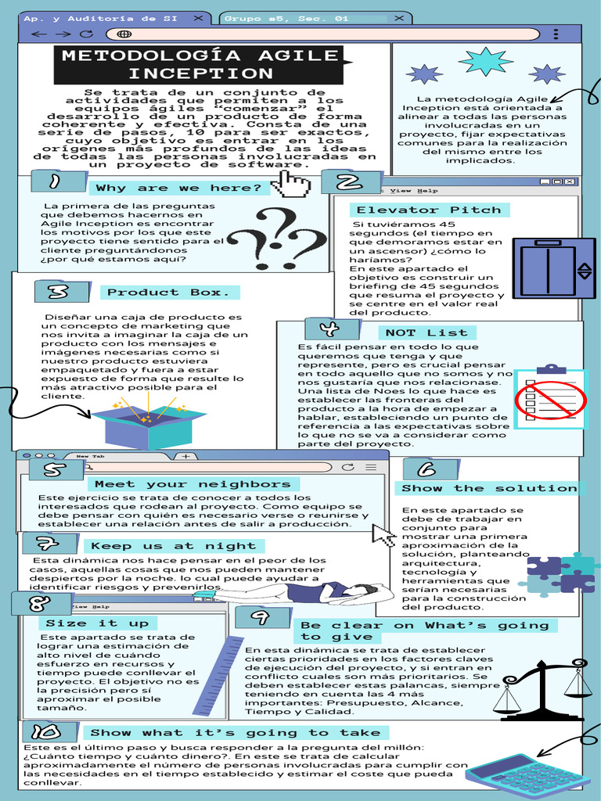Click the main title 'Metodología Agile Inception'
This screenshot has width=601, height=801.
pyautogui.click(x=200, y=64)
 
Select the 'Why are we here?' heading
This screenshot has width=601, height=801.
pyautogui.click(x=178, y=188)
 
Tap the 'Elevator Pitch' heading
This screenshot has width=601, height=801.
pyautogui.click(x=428, y=210)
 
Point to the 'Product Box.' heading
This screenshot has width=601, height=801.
pyautogui.click(x=169, y=293)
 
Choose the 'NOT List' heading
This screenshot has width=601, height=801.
pyautogui.click(x=426, y=332)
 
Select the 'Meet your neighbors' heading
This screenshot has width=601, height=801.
pyautogui.click(x=193, y=484)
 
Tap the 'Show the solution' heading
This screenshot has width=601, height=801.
pyautogui.click(x=490, y=488)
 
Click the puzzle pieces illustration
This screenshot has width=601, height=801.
pyautogui.click(x=560, y=575)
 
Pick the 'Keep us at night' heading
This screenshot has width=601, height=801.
pyautogui.click(x=173, y=546)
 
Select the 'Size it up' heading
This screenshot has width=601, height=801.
pyautogui.click(x=97, y=623)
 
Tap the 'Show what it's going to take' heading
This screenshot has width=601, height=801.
pyautogui.click(x=235, y=733)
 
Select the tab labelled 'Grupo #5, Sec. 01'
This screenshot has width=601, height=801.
pyautogui.click(x=286, y=17)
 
